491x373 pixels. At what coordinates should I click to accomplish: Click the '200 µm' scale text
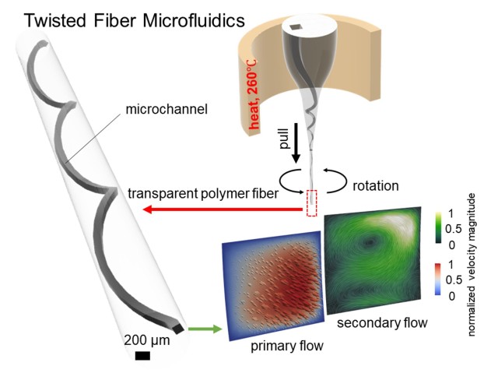click(x=143, y=340)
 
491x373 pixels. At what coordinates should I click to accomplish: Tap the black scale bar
click(x=142, y=357)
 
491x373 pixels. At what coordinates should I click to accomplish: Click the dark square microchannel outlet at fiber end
click(x=180, y=329)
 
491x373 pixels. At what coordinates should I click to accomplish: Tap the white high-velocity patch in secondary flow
click(x=405, y=219)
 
